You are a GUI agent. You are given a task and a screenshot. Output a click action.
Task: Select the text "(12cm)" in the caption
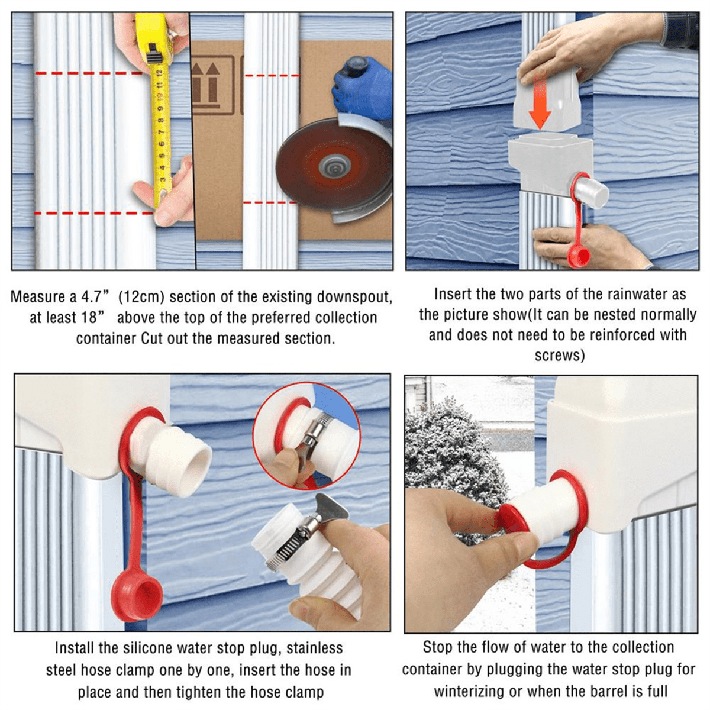[x=141, y=296]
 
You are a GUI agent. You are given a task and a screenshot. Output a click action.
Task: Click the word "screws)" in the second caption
[x=560, y=356]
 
